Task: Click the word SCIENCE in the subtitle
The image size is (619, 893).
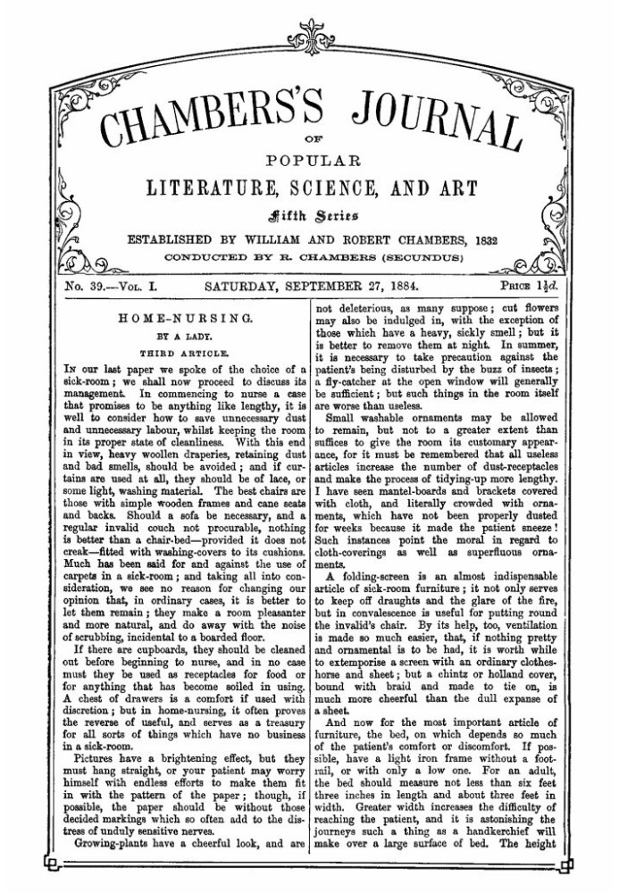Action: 366,190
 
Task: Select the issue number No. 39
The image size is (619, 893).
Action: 86,288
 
